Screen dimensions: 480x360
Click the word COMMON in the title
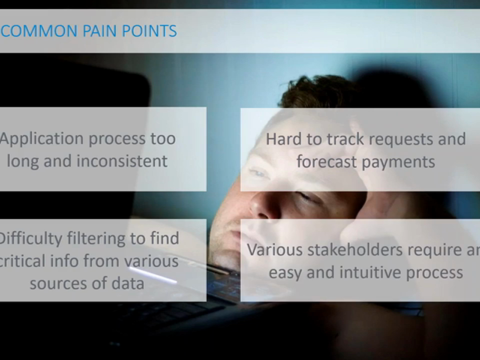point(39,31)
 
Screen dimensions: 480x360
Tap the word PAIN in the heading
point(99,31)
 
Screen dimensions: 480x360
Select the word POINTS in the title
point(149,31)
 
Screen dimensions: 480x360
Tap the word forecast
point(326,161)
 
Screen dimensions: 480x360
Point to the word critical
point(22,261)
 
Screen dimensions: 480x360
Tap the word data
point(128,283)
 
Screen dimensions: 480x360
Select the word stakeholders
point(355,249)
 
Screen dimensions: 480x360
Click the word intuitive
point(369,272)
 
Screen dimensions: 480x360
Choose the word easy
point(285,274)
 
